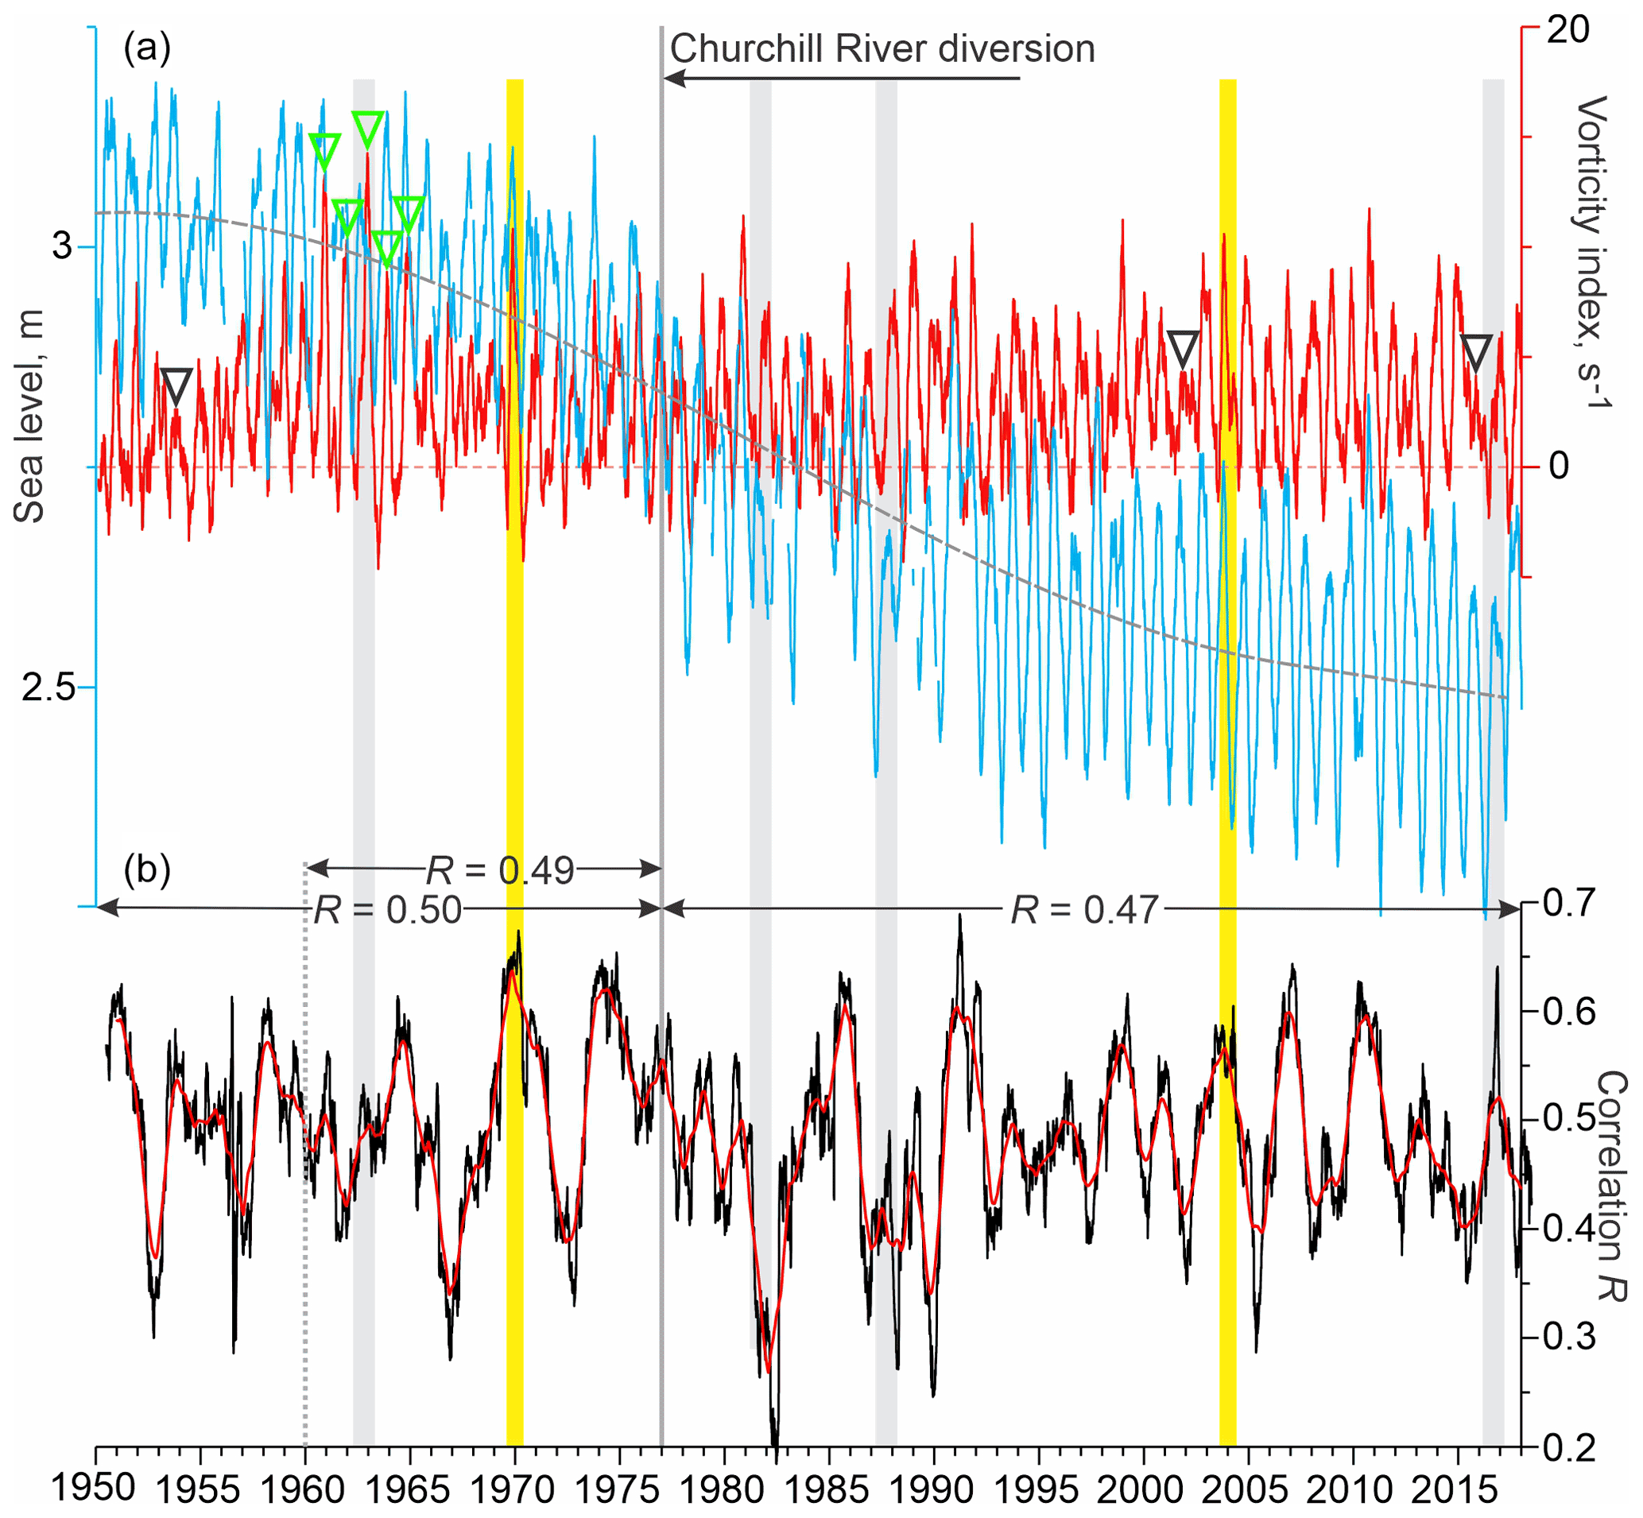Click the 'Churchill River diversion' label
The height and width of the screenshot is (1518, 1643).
click(x=882, y=49)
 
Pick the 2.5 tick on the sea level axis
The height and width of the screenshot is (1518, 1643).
click(x=48, y=687)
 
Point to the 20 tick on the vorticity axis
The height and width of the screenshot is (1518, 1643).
click(x=1568, y=30)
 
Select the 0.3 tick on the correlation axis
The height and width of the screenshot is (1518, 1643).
click(x=1569, y=1338)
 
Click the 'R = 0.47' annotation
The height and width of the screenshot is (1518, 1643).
click(x=1084, y=910)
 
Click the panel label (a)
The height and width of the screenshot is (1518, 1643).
click(x=147, y=49)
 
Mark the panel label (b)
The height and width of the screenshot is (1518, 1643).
click(x=147, y=869)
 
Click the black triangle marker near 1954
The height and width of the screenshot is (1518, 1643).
click(x=176, y=385)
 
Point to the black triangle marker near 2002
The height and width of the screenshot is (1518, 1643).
click(x=1183, y=348)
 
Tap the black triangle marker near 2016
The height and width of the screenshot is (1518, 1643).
click(x=1476, y=351)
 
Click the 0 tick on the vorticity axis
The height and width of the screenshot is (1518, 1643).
click(x=1559, y=467)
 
